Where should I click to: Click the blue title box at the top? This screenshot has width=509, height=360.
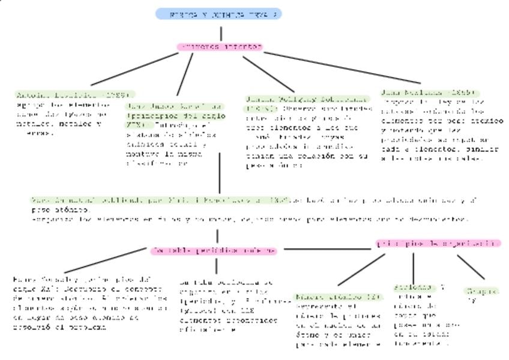click(218, 14)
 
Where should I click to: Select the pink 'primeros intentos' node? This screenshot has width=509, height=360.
click(220, 47)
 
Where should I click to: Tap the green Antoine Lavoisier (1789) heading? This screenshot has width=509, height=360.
click(73, 95)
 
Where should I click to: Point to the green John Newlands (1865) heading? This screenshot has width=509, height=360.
click(429, 93)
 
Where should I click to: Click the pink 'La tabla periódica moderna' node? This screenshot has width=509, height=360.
click(214, 251)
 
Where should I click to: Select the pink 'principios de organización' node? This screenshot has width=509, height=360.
click(438, 244)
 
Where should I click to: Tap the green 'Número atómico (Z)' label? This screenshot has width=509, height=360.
click(337, 297)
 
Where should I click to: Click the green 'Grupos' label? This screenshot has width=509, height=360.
click(482, 292)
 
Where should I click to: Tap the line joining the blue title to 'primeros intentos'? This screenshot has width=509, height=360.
click(220, 31)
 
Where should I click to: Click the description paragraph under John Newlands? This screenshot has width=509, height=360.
click(441, 130)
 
